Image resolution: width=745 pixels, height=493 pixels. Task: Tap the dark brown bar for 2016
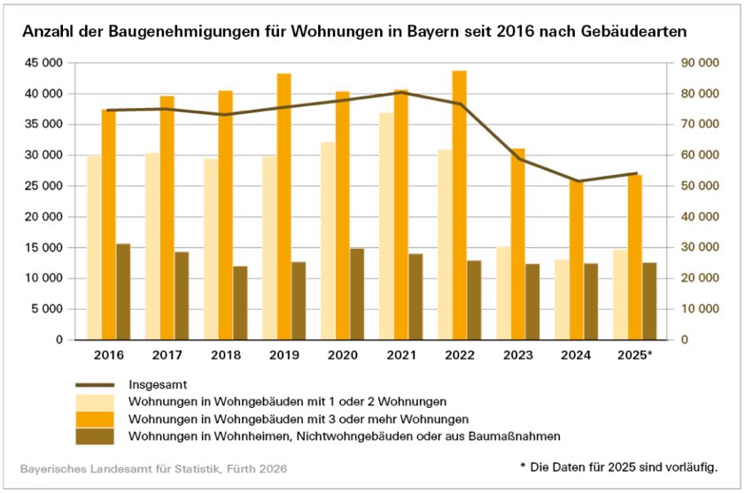123,291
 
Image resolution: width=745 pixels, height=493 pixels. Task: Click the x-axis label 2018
225,355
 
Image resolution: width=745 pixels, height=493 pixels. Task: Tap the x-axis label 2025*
634,355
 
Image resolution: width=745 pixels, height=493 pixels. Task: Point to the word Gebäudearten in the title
642,31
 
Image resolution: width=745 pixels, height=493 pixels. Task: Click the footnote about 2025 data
617,466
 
